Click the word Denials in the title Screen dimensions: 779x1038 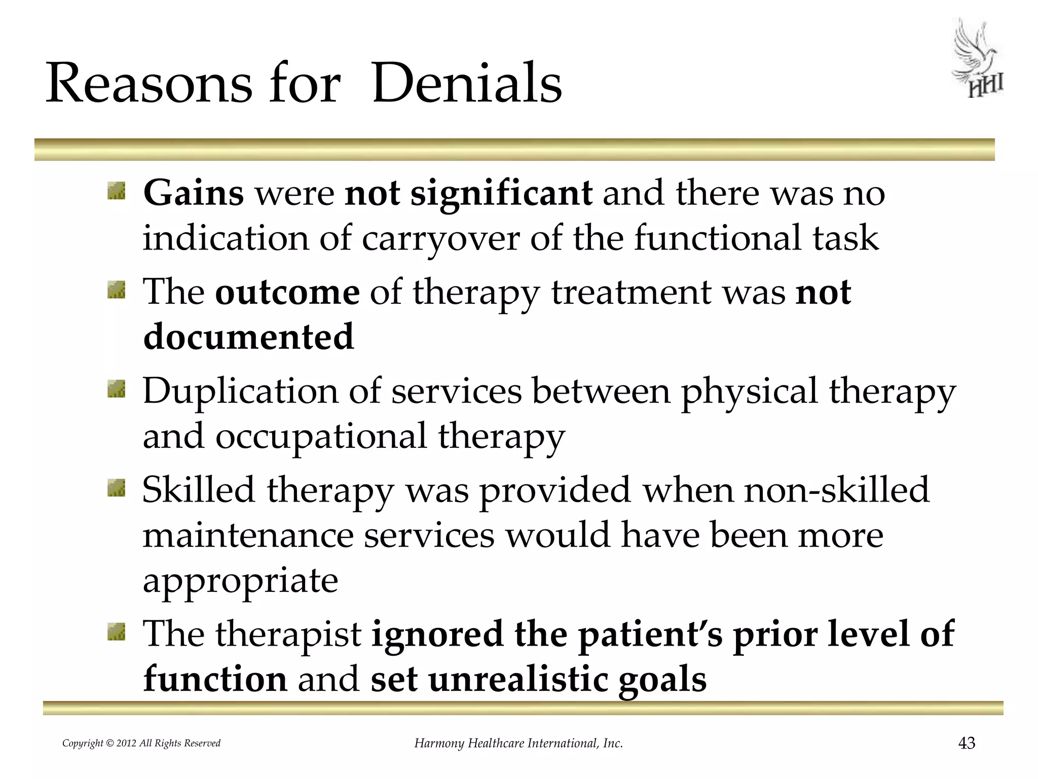pyautogui.click(x=467, y=83)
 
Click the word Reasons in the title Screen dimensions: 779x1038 pyautogui.click(x=149, y=83)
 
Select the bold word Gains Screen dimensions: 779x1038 pyautogui.click(x=194, y=193)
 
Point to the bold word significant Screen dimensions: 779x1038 pyautogui.click(x=501, y=193)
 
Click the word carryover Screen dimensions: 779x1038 pyautogui.click(x=440, y=238)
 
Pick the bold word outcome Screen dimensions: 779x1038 pyautogui.click(x=287, y=292)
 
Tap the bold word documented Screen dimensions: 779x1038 pyautogui.click(x=248, y=337)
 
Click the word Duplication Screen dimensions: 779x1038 pyautogui.click(x=240, y=391)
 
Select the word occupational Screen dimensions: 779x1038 pyautogui.click(x=321, y=436)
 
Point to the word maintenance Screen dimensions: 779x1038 pyautogui.click(x=248, y=536)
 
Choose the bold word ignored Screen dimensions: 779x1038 pyautogui.click(x=437, y=634)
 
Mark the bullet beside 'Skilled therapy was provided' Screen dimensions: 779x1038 pyautogui.click(x=116, y=488)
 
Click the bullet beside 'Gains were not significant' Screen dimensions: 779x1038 pyautogui.click(x=116, y=191)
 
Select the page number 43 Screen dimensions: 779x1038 pyautogui.click(x=967, y=743)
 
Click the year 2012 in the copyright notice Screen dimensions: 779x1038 pyautogui.click(x=126, y=743)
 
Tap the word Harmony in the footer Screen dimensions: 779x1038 pyautogui.click(x=439, y=743)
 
